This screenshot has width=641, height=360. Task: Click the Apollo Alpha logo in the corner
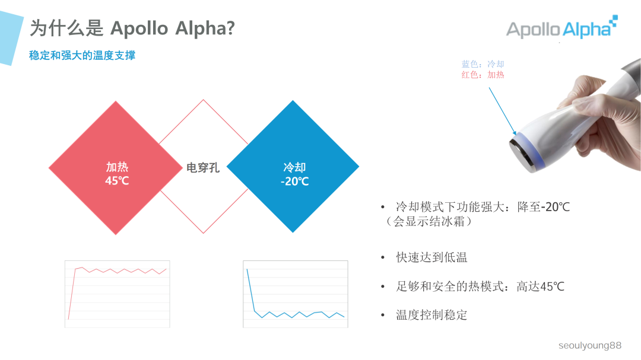tap(562, 27)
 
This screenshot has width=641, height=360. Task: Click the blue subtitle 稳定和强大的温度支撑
tap(82, 56)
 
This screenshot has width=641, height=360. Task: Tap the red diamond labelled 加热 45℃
tap(116, 167)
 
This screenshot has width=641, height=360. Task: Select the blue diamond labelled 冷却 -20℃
tap(293, 167)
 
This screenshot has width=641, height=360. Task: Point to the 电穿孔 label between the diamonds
tap(203, 167)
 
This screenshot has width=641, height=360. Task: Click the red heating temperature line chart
tap(118, 294)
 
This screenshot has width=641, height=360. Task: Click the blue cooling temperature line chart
tap(296, 294)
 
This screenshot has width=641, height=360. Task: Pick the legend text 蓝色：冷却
tap(483, 64)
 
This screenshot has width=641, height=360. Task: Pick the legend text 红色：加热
tap(483, 75)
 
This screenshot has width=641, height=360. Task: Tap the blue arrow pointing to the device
tap(503, 111)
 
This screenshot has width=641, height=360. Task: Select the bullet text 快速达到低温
tap(431, 257)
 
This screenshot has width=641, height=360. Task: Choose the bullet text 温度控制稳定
tap(431, 315)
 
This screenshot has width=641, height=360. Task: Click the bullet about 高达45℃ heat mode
tap(480, 286)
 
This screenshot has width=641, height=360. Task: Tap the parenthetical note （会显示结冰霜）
tap(428, 221)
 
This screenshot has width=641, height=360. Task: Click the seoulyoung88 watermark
tap(590, 345)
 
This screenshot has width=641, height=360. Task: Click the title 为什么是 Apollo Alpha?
tap(132, 28)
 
